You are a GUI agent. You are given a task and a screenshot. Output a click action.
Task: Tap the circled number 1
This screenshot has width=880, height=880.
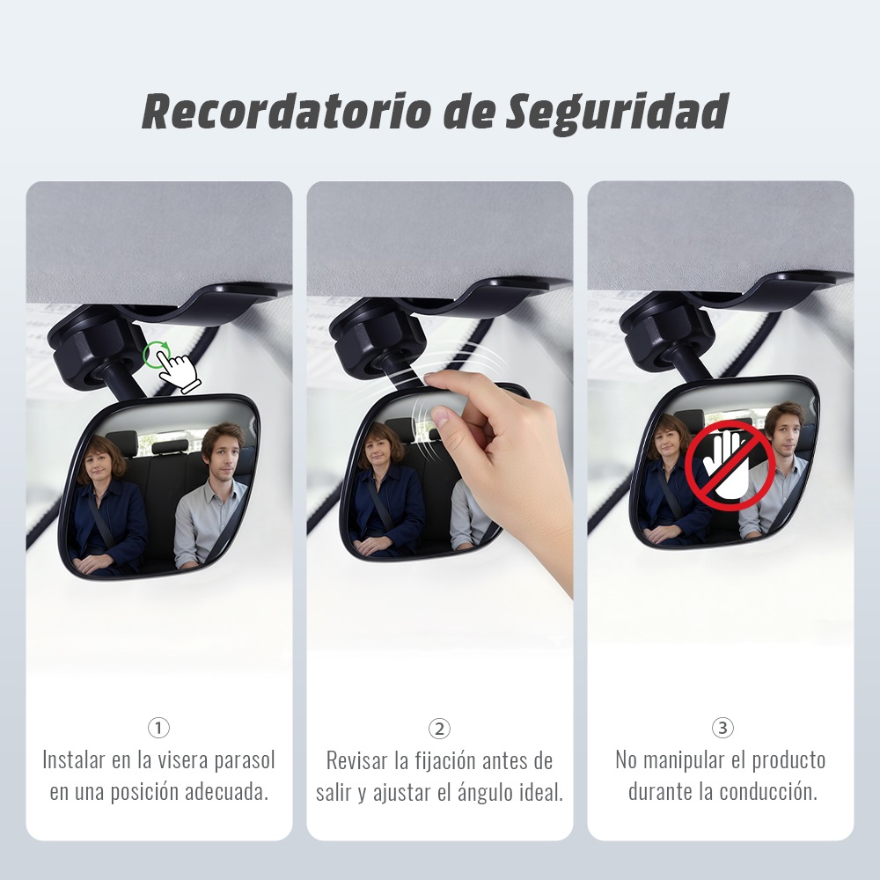click(x=158, y=728)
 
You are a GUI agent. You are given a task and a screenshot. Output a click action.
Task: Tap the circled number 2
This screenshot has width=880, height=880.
click(x=439, y=729)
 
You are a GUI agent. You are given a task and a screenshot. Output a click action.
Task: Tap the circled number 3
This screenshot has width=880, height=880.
click(x=722, y=728)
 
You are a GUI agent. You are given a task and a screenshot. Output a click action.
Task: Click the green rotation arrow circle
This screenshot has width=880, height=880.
click(x=157, y=356)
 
